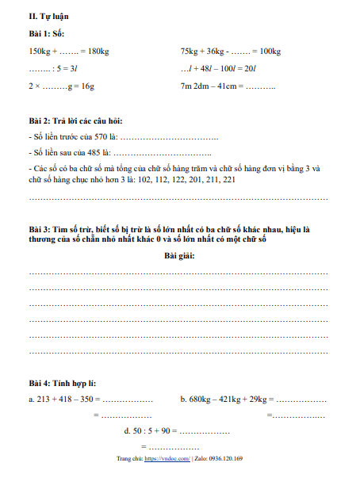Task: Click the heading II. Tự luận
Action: point(48,15)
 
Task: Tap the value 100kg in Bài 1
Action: point(270,52)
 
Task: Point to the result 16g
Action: point(86,86)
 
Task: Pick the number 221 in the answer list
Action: point(229,179)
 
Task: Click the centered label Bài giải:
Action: point(179,255)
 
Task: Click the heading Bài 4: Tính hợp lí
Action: point(63,384)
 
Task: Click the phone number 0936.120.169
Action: point(224,459)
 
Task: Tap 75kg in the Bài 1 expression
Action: point(190,52)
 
